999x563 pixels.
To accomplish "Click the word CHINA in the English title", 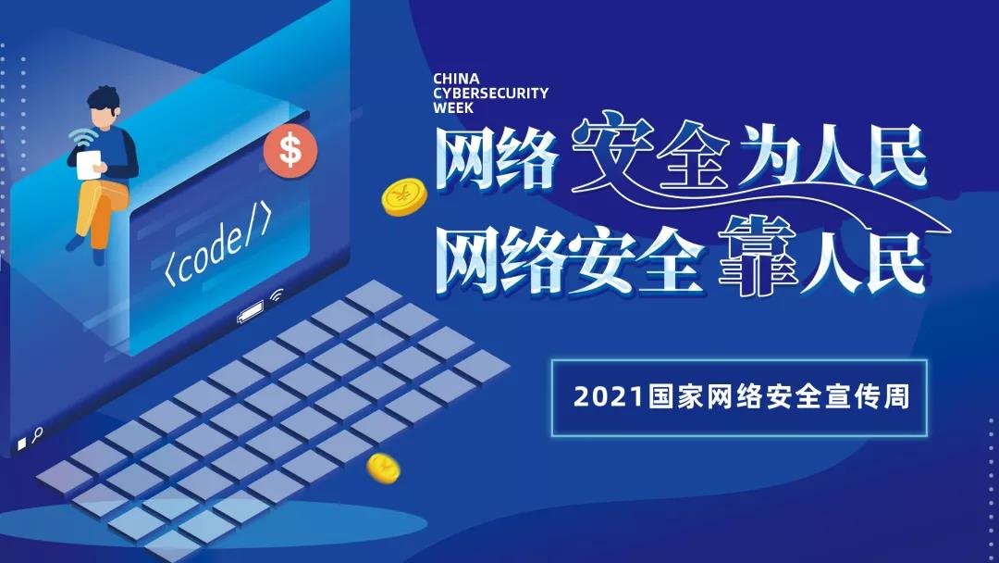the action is pos(456,79).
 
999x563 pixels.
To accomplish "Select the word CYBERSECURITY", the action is pos(490,94).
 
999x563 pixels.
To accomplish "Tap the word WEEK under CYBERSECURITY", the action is pos(453,107).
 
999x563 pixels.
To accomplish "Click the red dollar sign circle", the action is pos(290,151).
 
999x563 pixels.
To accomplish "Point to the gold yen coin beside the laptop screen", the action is pos(404,197).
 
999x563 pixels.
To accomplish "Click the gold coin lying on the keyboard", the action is pos(384,468).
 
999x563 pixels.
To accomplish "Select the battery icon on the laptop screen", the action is pos(251,311).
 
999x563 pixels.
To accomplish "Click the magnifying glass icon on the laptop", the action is pos(38,435).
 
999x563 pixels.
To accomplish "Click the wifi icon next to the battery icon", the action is pos(277,294).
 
